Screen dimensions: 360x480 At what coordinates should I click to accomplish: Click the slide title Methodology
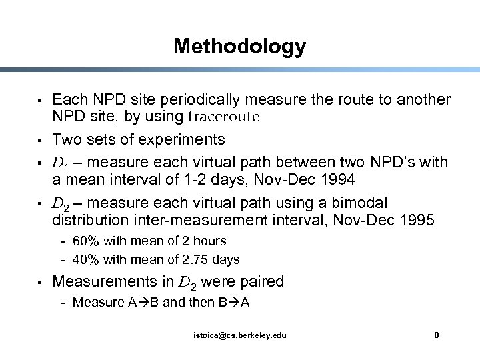(x=239, y=46)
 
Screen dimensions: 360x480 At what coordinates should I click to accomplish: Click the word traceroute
(x=222, y=117)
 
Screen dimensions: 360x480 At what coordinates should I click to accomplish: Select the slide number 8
(x=436, y=335)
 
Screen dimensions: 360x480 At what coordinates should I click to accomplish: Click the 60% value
(x=85, y=241)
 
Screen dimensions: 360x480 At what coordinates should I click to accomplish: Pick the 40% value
(x=85, y=259)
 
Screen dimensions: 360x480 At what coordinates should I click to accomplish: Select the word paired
(x=261, y=282)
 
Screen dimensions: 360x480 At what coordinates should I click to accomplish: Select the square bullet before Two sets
(x=41, y=141)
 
